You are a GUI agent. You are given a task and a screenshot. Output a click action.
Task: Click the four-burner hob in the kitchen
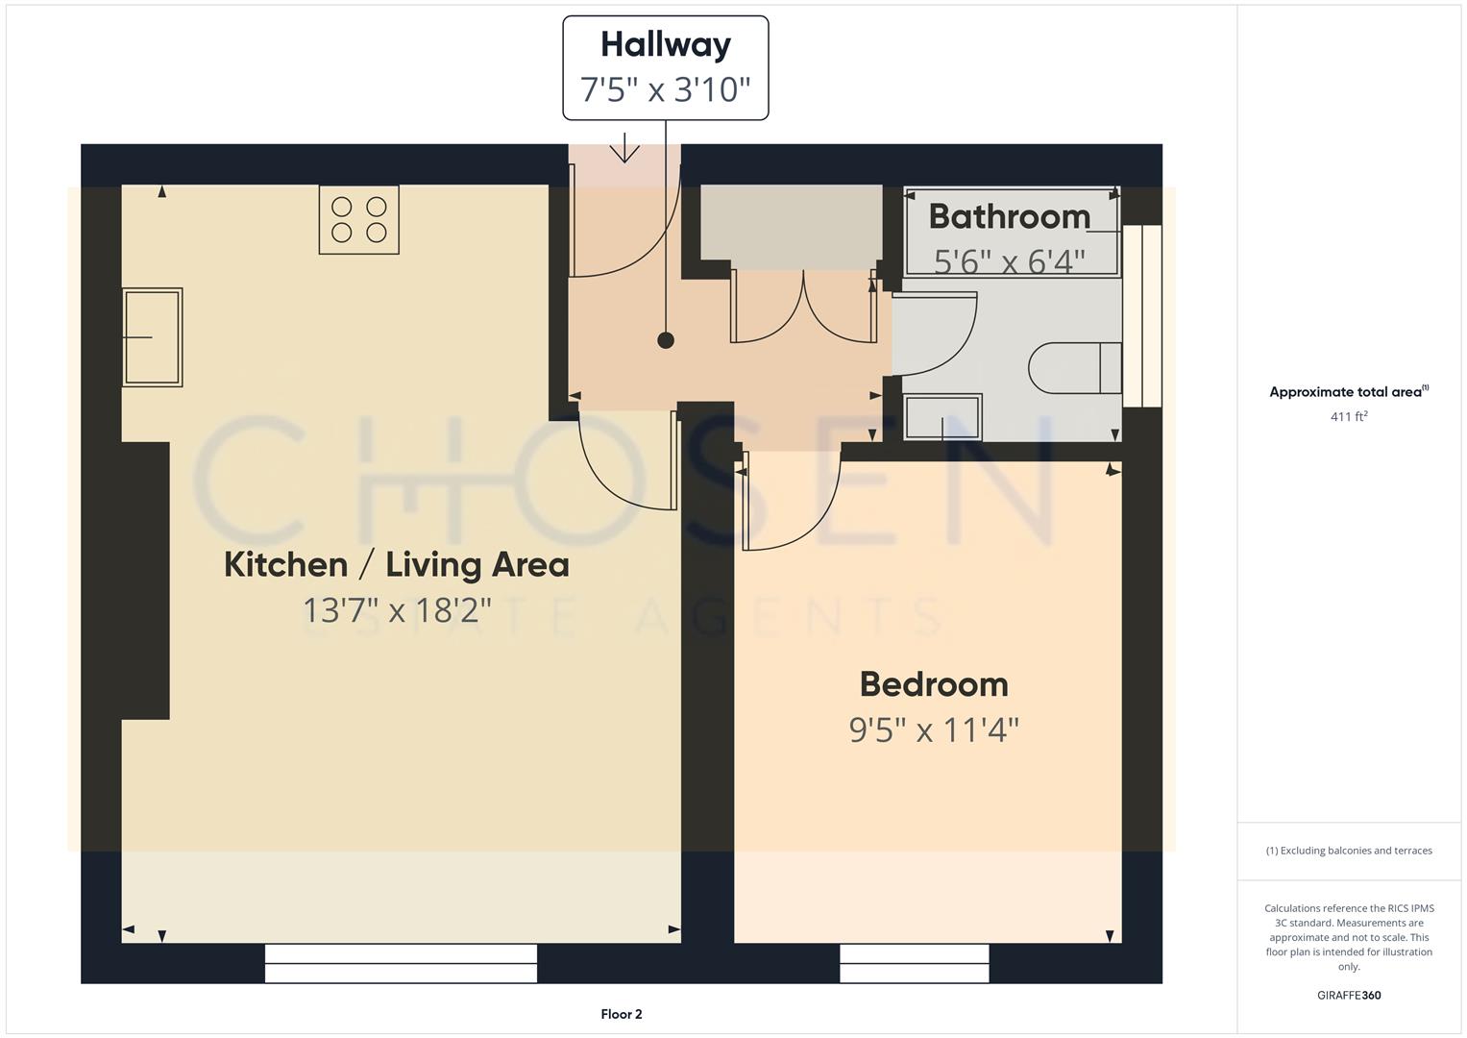pyautogui.click(x=358, y=219)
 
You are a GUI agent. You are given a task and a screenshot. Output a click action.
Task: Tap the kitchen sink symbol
pyautogui.click(x=152, y=337)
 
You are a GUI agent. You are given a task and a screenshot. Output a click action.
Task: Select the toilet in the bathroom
pyautogui.click(x=1074, y=368)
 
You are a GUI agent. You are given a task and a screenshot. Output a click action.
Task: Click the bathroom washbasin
pyautogui.click(x=942, y=417)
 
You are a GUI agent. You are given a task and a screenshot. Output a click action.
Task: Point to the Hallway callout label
pyautogui.click(x=665, y=67)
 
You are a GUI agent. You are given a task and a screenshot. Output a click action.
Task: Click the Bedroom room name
pyautogui.click(x=934, y=684)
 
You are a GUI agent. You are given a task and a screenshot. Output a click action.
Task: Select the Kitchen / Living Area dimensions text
pyautogui.click(x=397, y=609)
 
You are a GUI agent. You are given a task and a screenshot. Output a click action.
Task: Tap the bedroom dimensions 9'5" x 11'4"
pyautogui.click(x=934, y=730)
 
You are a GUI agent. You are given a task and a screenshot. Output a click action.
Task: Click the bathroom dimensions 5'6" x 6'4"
pyautogui.click(x=1010, y=260)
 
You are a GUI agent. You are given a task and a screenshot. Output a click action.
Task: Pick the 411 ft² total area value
pyautogui.click(x=1349, y=416)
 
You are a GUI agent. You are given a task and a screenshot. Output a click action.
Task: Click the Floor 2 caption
pyautogui.click(x=622, y=1014)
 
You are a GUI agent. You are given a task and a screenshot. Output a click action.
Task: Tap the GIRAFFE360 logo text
pyautogui.click(x=1349, y=995)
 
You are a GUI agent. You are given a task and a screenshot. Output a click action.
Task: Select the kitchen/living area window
pyautogui.click(x=401, y=963)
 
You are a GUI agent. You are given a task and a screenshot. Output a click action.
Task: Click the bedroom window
pyautogui.click(x=914, y=963)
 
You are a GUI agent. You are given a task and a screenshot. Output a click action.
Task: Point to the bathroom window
pyautogui.click(x=1142, y=316)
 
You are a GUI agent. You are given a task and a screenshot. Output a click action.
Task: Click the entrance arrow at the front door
pyautogui.click(x=624, y=149)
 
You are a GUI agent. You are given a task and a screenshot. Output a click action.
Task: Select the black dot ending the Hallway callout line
pyautogui.click(x=665, y=340)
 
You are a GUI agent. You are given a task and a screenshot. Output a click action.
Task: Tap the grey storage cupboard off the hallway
pyautogui.click(x=791, y=222)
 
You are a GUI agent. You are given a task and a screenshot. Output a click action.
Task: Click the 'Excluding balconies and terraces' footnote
pyautogui.click(x=1349, y=851)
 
